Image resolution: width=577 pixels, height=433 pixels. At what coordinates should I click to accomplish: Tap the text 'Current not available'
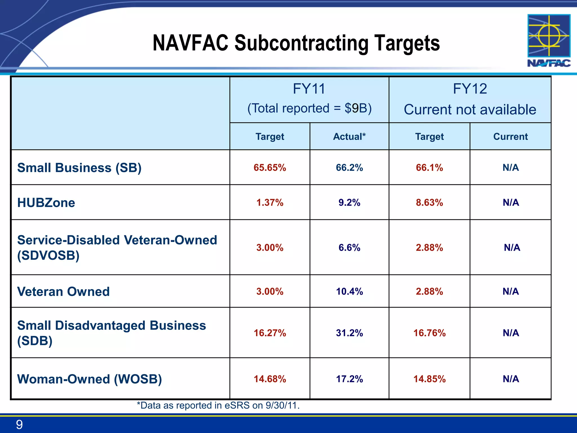click(470, 110)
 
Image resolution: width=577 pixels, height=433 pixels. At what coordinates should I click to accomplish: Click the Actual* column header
click(349, 137)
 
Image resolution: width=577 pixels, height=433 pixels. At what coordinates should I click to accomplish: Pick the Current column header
click(510, 137)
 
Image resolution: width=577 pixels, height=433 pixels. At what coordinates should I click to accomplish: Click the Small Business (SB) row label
click(79, 168)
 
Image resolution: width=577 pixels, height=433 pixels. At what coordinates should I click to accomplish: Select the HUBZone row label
click(46, 203)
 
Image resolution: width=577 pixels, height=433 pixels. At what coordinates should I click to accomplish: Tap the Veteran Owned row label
click(63, 291)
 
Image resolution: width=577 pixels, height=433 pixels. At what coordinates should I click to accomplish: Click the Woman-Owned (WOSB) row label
click(90, 379)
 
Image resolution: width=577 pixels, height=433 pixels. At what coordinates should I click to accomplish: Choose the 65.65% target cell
click(270, 168)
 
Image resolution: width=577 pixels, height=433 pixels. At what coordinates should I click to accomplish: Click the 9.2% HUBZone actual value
click(349, 203)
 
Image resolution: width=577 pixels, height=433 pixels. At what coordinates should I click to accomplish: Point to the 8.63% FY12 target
click(429, 203)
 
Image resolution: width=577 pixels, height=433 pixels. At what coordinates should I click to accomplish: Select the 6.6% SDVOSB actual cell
click(349, 248)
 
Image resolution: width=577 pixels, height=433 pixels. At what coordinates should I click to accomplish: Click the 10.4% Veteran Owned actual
click(349, 291)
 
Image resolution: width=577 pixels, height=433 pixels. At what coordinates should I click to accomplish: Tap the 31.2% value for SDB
click(349, 333)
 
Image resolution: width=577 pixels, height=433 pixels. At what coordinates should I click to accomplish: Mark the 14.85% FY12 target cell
click(429, 379)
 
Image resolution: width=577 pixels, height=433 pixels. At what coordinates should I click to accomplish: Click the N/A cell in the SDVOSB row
click(512, 248)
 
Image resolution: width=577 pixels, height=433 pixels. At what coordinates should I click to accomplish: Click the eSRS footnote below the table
click(218, 406)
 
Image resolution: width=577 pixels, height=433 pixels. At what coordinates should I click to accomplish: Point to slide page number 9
click(19, 425)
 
